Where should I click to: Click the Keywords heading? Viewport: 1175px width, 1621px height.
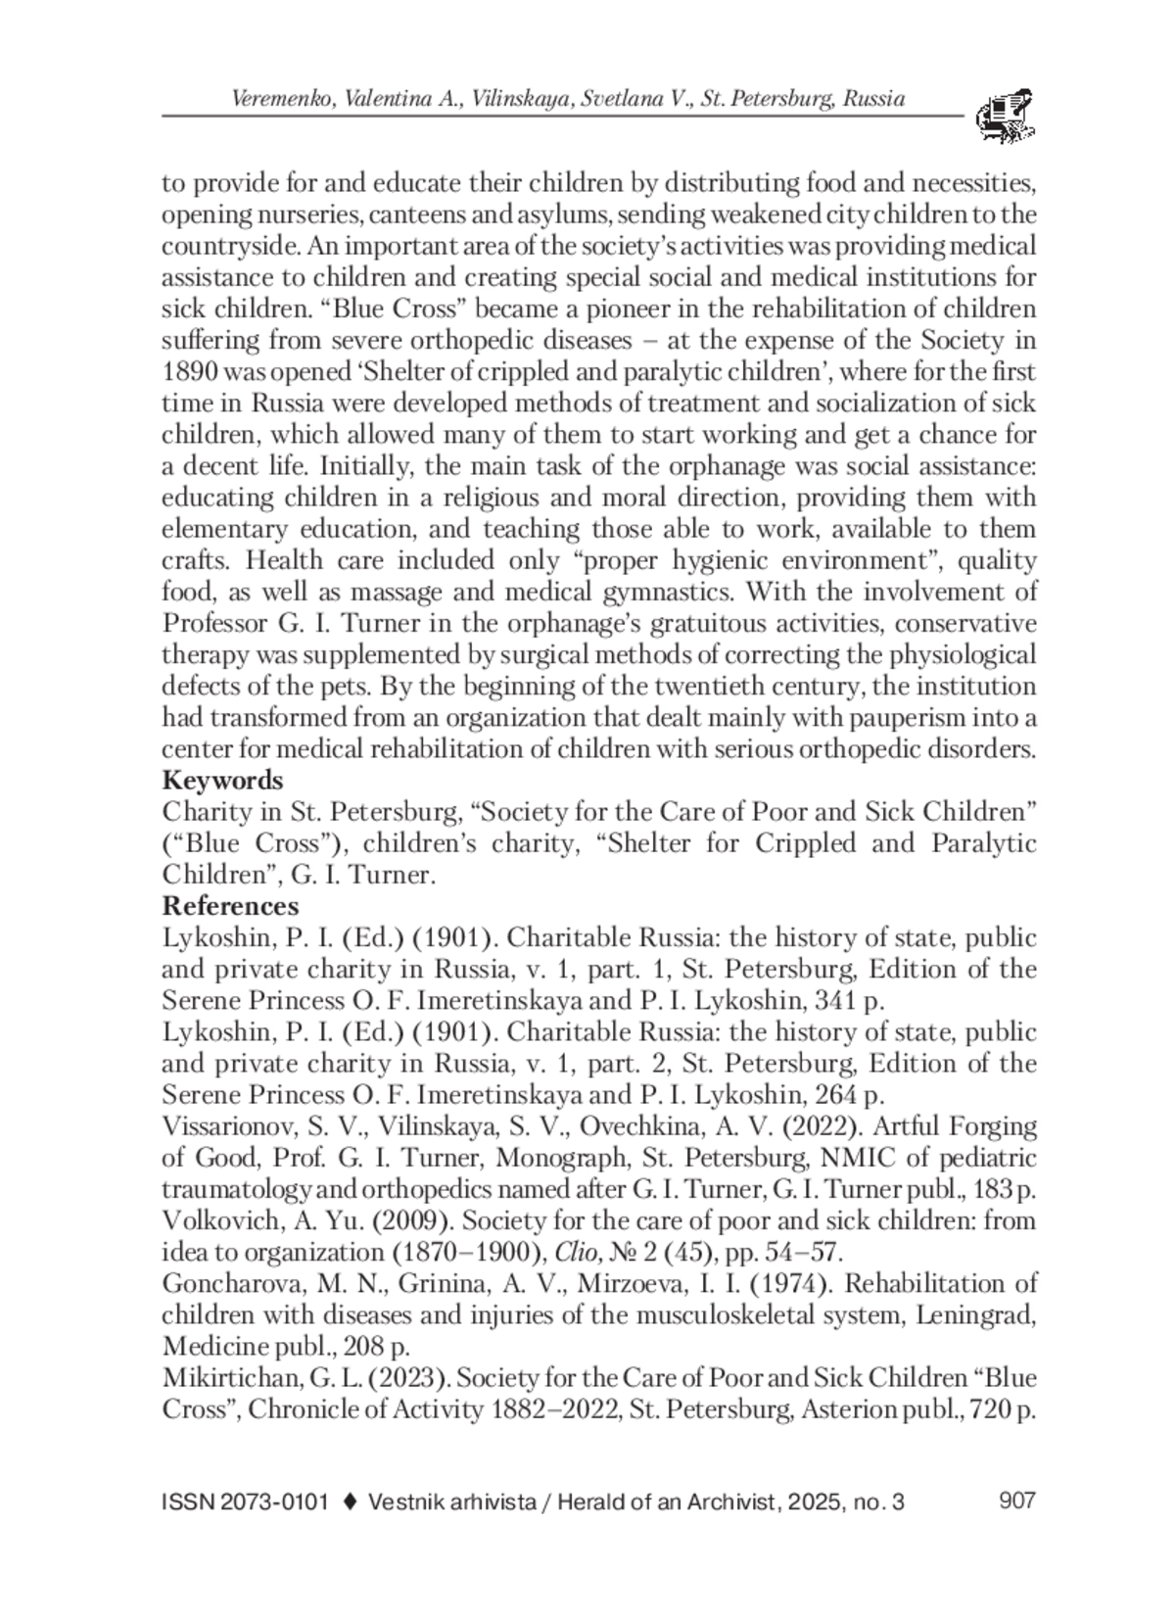(222, 781)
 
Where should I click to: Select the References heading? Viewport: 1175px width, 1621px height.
(230, 906)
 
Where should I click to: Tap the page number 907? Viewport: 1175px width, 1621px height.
(1016, 1501)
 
